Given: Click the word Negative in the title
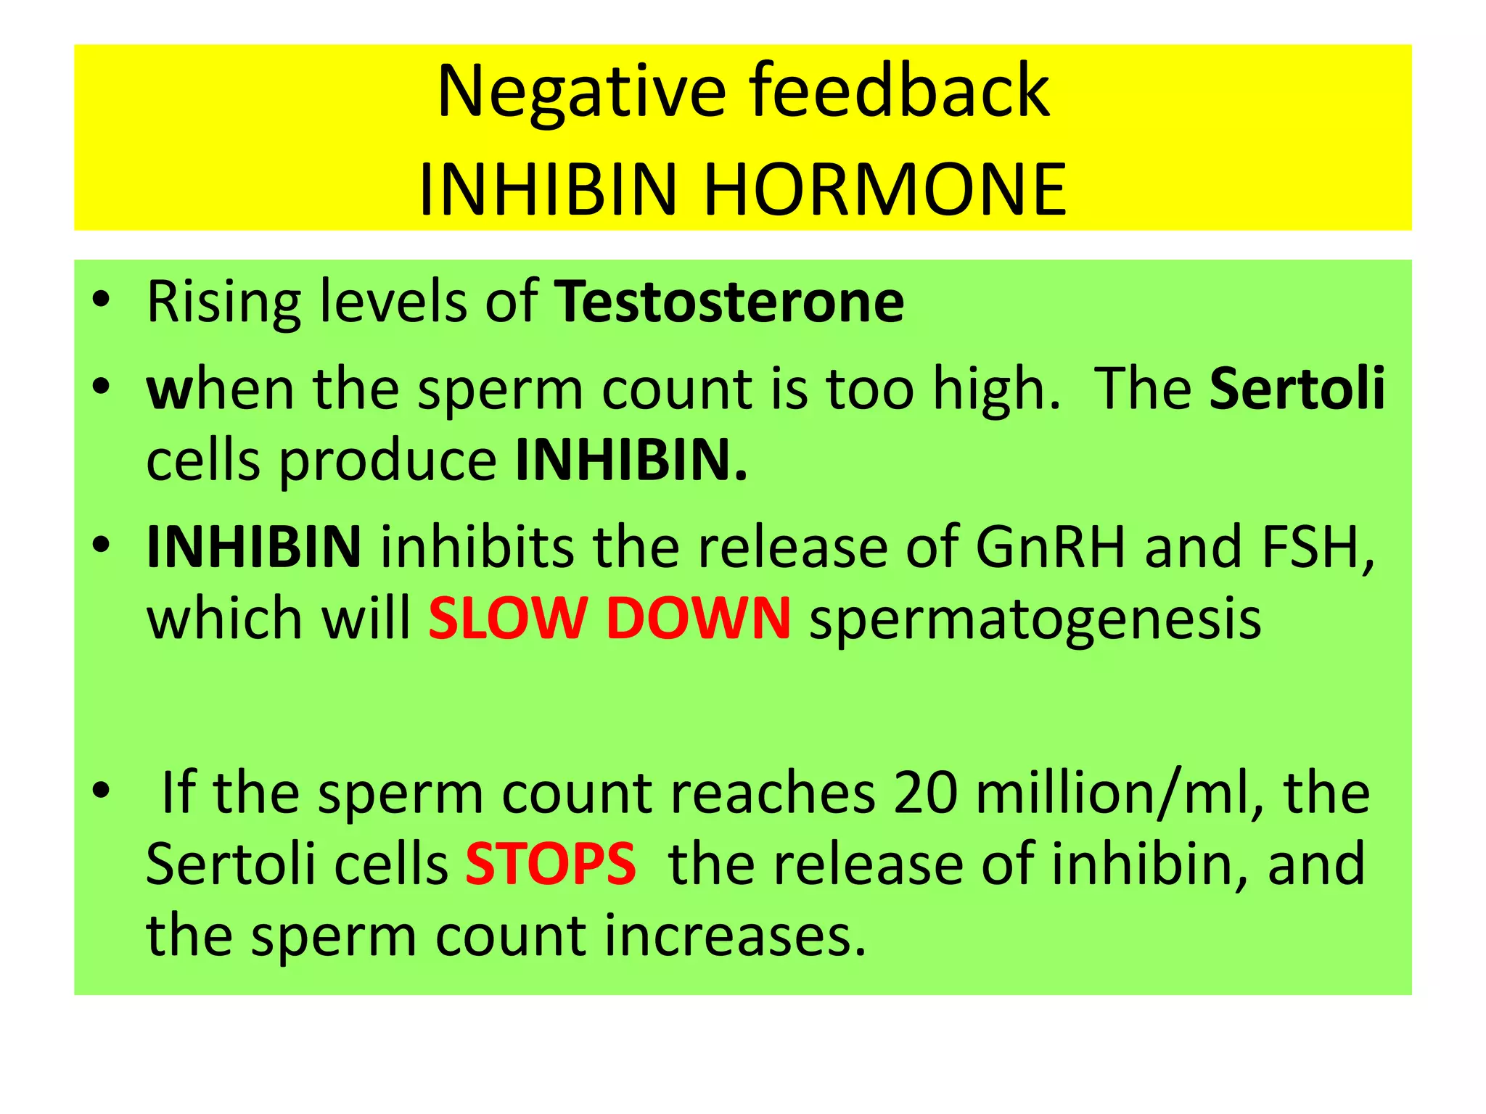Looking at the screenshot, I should coord(581,92).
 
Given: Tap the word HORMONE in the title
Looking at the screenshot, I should coord(885,190).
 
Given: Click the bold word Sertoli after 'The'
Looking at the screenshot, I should coord(1297,389).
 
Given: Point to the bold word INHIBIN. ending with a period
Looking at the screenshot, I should coord(631,461).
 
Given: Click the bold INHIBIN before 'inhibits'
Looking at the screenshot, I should coord(253,547).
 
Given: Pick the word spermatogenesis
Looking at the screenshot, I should coord(1035,620).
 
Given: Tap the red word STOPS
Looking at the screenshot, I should coord(550,864).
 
